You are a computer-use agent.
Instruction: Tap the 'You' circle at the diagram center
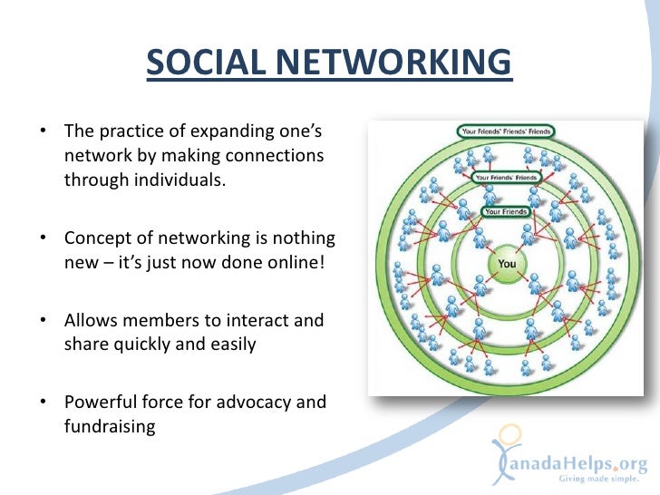[x=507, y=264]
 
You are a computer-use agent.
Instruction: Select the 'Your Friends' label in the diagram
[x=507, y=212]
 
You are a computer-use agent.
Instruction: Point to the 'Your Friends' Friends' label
[x=506, y=176]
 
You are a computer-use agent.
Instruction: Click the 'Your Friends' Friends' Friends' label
[x=506, y=130]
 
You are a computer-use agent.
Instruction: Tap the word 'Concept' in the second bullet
[x=97, y=239]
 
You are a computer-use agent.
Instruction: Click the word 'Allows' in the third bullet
[x=89, y=321]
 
